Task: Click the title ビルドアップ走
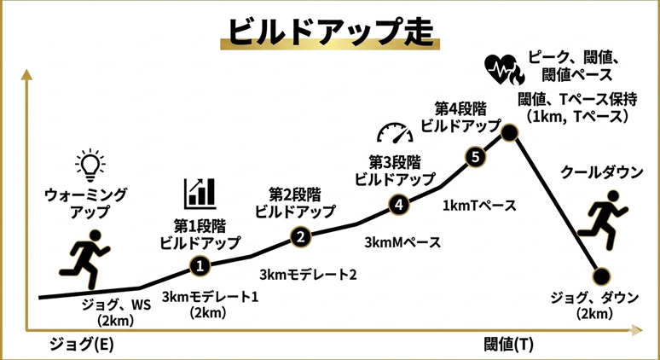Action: (330, 32)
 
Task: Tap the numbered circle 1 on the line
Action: (200, 265)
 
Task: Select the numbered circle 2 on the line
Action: (301, 237)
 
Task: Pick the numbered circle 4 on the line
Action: (399, 205)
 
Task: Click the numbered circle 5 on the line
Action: (475, 157)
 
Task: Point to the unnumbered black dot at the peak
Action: (509, 133)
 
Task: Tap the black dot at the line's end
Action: (601, 276)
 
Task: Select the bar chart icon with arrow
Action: (200, 194)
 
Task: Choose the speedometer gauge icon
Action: (395, 132)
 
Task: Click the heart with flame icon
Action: (504, 70)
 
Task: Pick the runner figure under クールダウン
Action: (602, 219)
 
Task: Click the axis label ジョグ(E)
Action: (82, 345)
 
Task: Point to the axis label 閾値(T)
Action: (509, 345)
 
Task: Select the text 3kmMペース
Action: (402, 242)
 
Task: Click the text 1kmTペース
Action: (479, 206)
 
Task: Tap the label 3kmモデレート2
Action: (308, 275)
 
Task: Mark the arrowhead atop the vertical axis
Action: (26, 73)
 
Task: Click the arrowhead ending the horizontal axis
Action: (636, 330)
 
